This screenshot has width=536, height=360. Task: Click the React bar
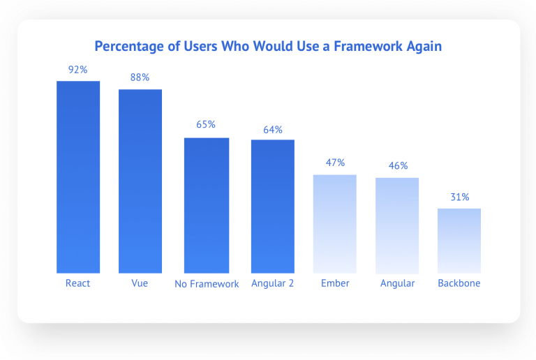(x=78, y=177)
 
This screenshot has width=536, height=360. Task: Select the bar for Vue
(x=140, y=181)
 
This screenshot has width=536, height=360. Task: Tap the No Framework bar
(x=207, y=205)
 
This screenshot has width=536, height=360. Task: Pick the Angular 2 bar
(x=273, y=207)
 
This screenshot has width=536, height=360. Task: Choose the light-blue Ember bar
(x=335, y=223)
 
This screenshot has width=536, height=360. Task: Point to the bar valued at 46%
(x=397, y=225)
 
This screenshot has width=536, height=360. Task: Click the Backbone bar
(x=459, y=241)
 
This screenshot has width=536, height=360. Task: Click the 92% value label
(x=78, y=70)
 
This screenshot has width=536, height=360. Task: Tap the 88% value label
(x=140, y=77)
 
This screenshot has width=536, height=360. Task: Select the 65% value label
(x=207, y=125)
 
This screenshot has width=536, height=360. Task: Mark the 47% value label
(x=335, y=163)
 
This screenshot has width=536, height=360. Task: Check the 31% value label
(x=459, y=197)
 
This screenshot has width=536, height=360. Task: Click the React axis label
(x=78, y=283)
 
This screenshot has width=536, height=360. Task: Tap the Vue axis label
(x=140, y=283)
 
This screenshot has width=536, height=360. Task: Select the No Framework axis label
(x=207, y=284)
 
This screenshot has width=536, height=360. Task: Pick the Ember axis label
(x=335, y=283)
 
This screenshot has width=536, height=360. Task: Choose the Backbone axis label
(x=459, y=283)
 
